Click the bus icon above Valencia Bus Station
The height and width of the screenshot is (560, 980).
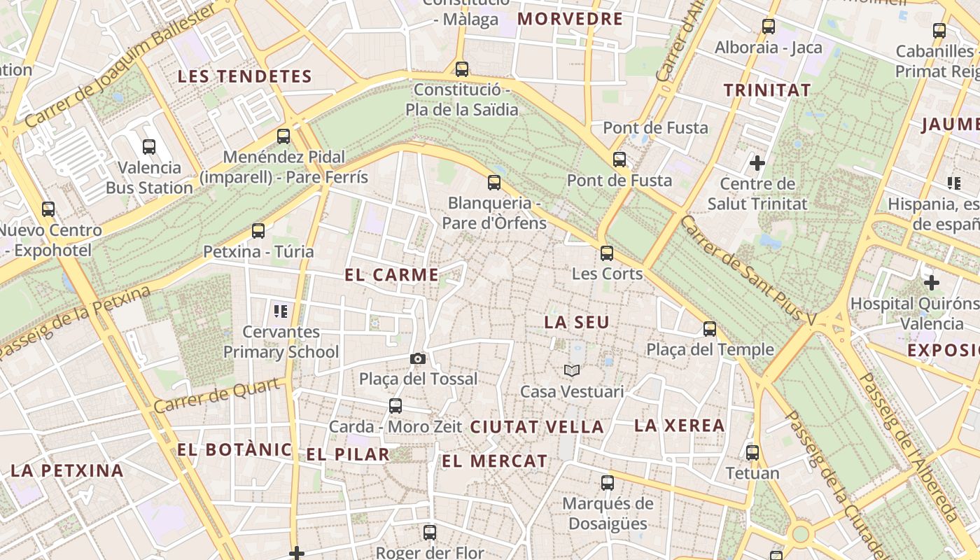click(149, 147)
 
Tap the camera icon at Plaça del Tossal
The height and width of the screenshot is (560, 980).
click(417, 359)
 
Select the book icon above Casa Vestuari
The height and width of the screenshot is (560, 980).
click(572, 370)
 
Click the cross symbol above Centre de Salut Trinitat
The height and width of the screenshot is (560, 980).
click(757, 163)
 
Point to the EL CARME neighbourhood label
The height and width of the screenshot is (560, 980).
click(391, 275)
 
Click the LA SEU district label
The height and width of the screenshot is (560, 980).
click(577, 323)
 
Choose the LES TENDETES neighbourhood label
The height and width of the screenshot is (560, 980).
click(244, 76)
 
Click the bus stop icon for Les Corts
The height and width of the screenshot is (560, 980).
click(607, 253)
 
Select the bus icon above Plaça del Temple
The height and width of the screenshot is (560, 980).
click(710, 329)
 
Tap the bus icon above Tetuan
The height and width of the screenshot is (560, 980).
click(752, 453)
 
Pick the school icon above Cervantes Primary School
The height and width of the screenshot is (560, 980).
click(281, 311)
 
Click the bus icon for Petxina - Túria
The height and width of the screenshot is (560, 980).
click(258, 231)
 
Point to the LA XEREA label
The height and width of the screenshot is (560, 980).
click(679, 426)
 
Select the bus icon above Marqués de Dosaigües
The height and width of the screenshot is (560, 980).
click(608, 483)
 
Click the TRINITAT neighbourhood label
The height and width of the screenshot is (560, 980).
click(767, 90)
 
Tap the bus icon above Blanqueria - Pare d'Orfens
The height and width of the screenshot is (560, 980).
click(494, 183)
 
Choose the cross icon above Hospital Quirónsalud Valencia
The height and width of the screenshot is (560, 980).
click(931, 283)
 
